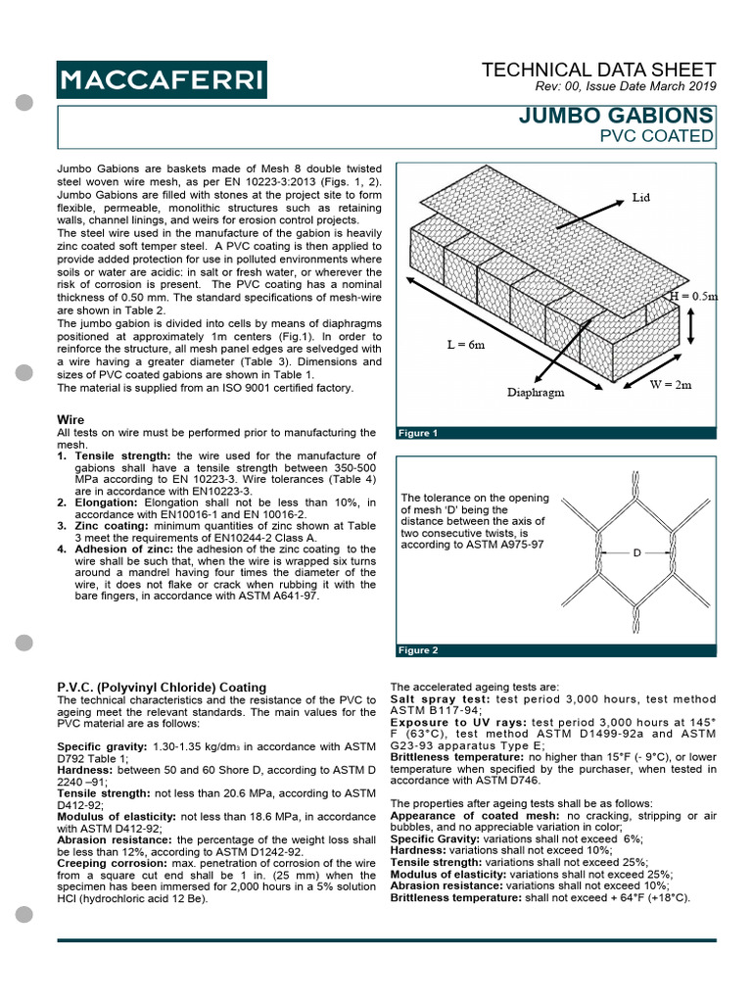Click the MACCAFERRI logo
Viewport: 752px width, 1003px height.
point(162,77)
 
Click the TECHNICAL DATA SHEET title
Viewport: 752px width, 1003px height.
point(599,70)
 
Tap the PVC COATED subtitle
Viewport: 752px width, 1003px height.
point(657,135)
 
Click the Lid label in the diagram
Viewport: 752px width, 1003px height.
point(641,197)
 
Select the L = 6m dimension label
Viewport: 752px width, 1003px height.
point(456,345)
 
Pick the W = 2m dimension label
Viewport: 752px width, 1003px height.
point(671,385)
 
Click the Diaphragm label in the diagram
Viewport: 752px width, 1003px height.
point(535,394)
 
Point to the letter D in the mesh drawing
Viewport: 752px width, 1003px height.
point(636,553)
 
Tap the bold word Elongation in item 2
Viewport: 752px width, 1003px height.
point(106,502)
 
